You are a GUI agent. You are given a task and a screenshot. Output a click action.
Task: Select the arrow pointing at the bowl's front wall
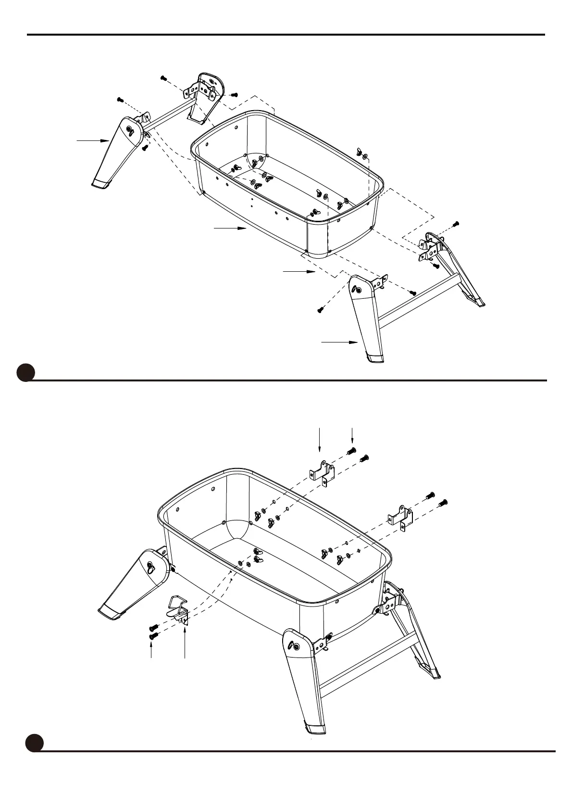pos(230,228)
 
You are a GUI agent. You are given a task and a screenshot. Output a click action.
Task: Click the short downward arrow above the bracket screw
pos(352,435)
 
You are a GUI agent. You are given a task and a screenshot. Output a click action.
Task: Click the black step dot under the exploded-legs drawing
pos(25,373)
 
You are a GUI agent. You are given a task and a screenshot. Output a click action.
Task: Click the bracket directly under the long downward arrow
pos(322,472)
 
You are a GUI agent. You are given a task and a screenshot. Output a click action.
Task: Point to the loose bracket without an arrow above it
pos(400,517)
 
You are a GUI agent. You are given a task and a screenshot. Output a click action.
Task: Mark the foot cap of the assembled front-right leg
pos(314,729)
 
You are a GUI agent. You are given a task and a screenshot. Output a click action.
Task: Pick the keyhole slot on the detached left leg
pos(130,128)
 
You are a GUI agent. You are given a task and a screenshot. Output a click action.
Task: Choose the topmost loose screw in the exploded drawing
pos(163,77)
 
